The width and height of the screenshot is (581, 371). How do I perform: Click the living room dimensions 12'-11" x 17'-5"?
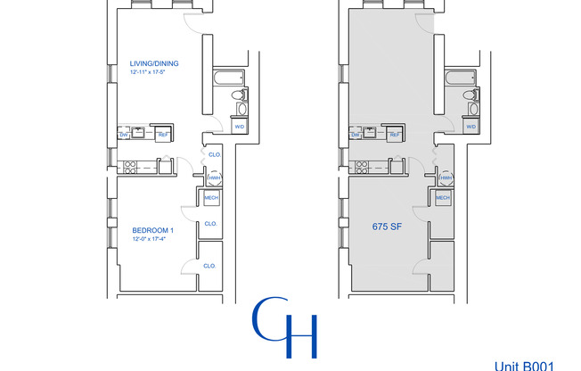(x=149, y=71)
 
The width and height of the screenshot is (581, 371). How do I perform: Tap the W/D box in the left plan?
(x=239, y=127)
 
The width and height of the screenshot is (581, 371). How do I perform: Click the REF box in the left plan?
(x=164, y=135)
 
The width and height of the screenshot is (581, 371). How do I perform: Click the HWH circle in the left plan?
(x=214, y=178)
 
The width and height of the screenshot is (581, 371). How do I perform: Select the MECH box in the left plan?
(x=212, y=198)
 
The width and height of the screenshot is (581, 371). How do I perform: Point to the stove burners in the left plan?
(x=130, y=164)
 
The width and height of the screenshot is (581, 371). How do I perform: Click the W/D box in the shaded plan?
(x=470, y=127)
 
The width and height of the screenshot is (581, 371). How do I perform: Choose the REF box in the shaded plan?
(x=395, y=135)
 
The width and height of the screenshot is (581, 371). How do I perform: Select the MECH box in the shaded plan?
(x=443, y=198)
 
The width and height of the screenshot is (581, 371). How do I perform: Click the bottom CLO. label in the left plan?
(x=210, y=266)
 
